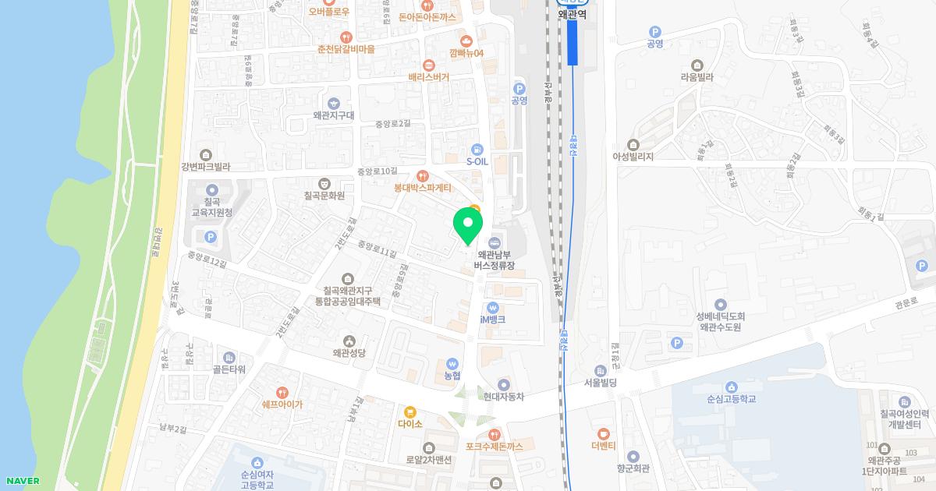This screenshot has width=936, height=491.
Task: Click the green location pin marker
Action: pyautogui.click(x=468, y=225)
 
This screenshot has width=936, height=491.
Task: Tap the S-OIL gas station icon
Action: pyautogui.click(x=477, y=150)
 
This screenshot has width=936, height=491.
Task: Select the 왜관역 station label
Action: pyautogui.click(x=571, y=14)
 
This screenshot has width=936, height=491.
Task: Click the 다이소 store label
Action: pyautogui.click(x=409, y=424)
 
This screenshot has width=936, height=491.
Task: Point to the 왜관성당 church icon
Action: pyautogui.click(x=349, y=341)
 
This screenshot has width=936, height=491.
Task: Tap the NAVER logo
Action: pyautogui.click(x=22, y=481)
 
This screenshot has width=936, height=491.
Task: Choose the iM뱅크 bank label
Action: pyautogui.click(x=492, y=320)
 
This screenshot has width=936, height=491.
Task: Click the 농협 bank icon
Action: pyautogui.click(x=452, y=364)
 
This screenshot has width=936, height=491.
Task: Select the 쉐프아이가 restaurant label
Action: pyautogui.click(x=282, y=404)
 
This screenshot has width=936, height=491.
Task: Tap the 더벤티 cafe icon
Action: pyautogui.click(x=603, y=433)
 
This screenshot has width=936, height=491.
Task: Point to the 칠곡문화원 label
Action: pyautogui.click(x=324, y=195)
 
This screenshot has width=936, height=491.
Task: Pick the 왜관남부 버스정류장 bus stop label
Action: pyautogui.click(x=495, y=260)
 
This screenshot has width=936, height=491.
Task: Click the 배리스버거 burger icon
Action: pyautogui.click(x=428, y=65)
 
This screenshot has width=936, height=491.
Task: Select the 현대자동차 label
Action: pyautogui.click(x=503, y=397)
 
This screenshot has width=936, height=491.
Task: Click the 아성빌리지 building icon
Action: pyautogui.click(x=633, y=144)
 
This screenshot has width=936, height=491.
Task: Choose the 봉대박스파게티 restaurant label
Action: pyautogui.click(x=423, y=188)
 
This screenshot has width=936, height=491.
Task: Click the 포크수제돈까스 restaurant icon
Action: pyautogui.click(x=493, y=434)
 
